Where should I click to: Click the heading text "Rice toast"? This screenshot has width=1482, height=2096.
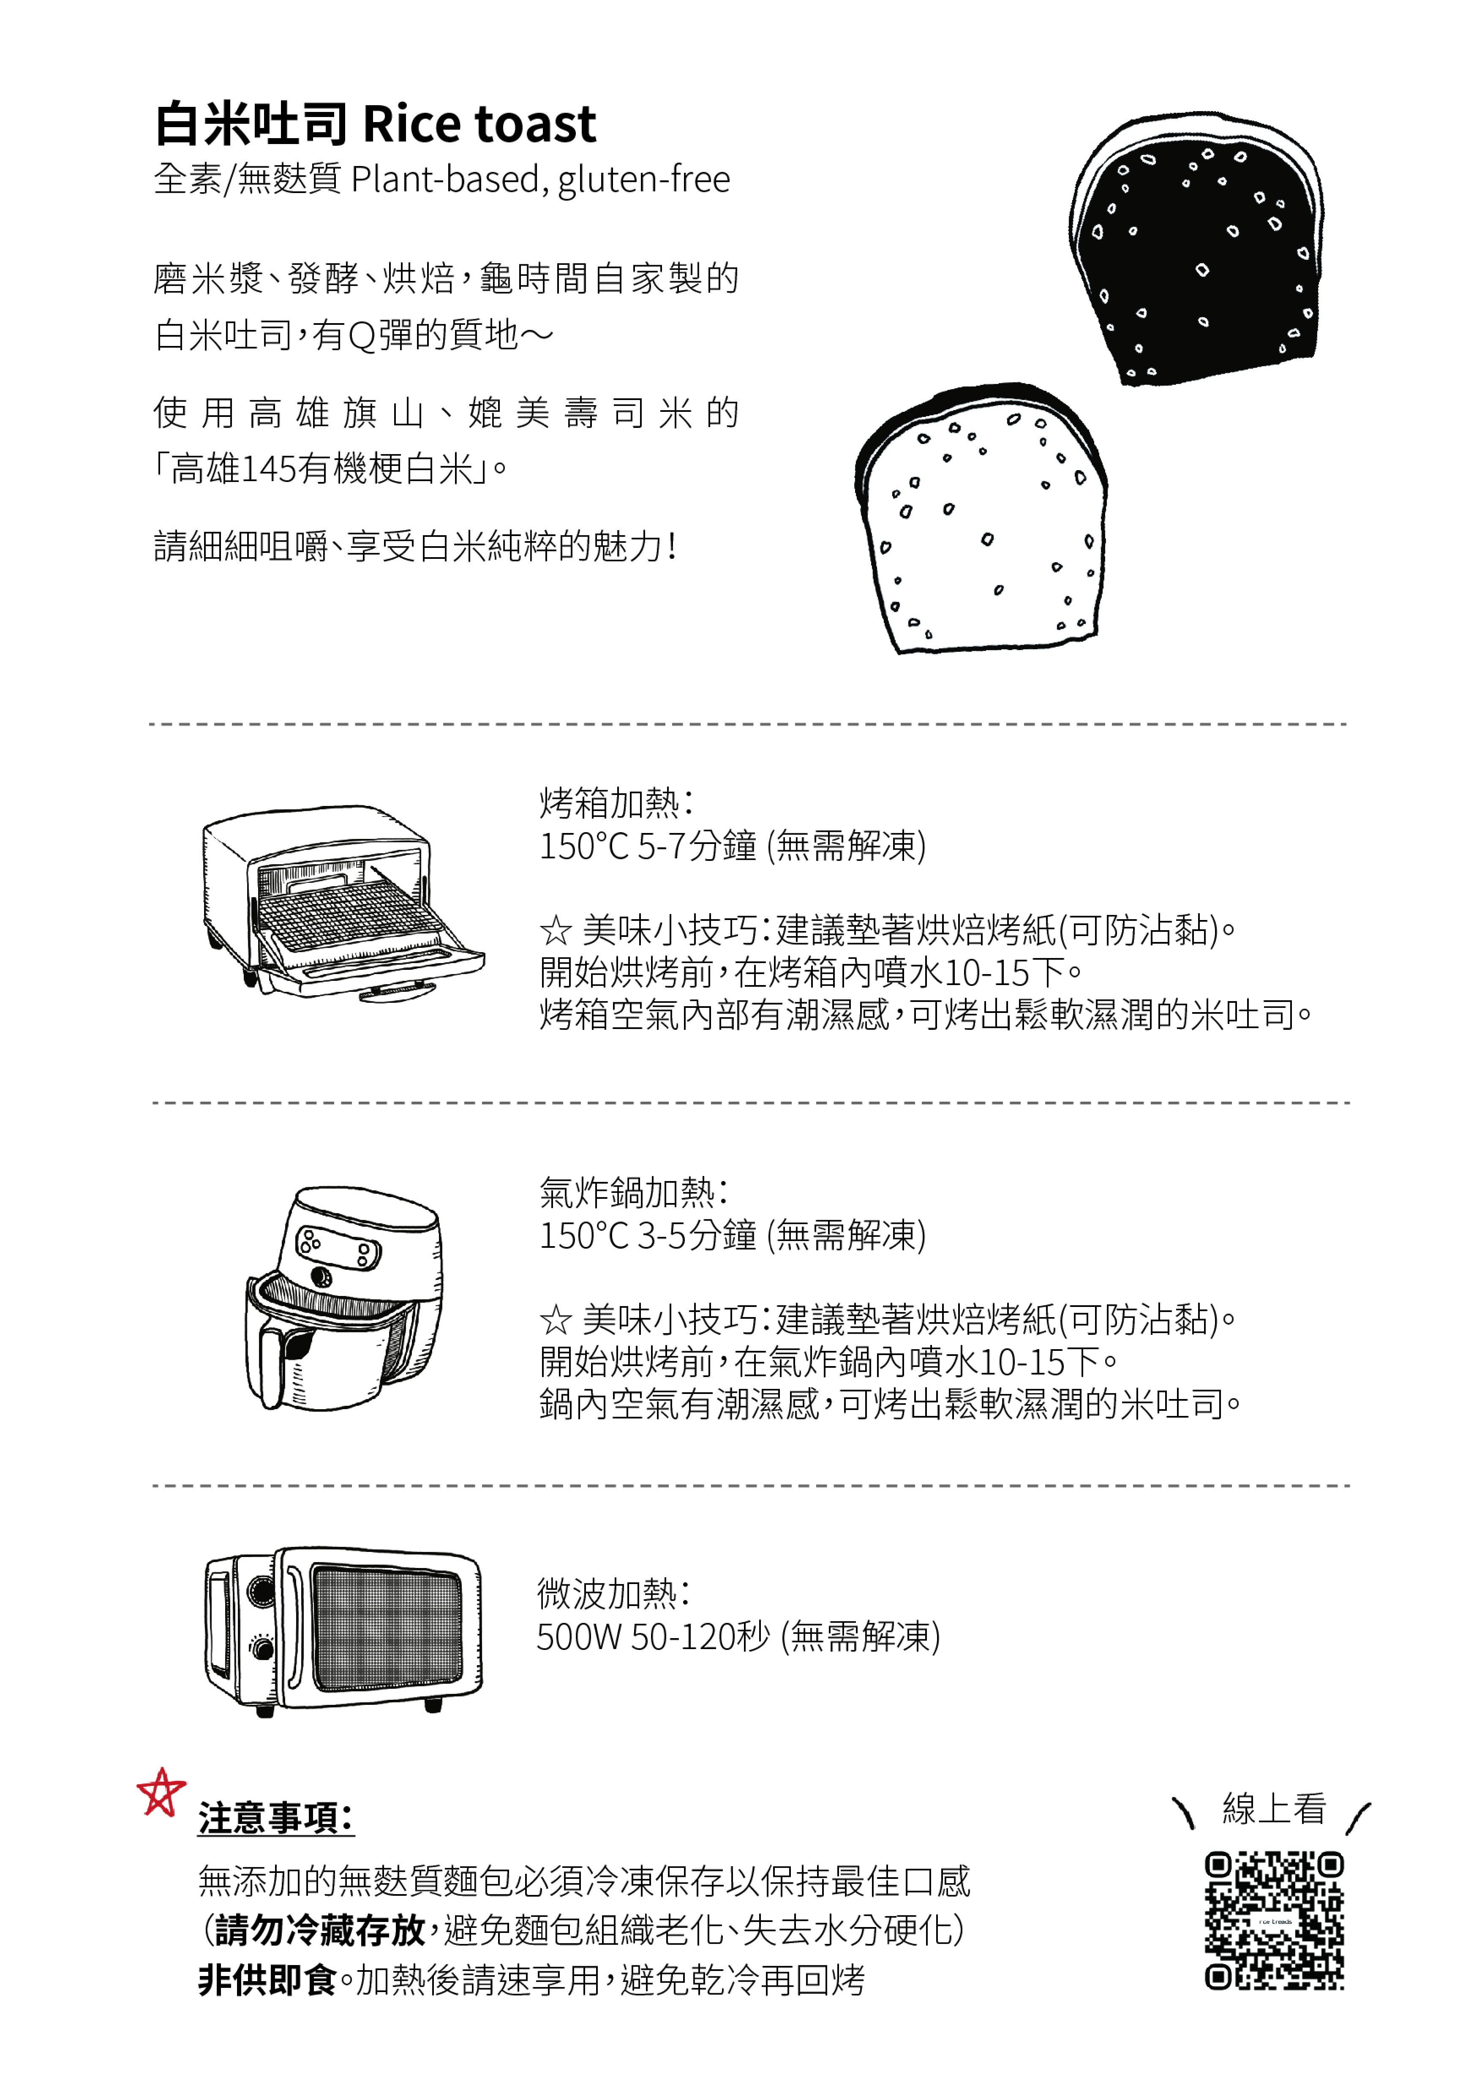pos(479,124)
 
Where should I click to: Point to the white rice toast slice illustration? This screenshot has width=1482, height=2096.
pos(981,517)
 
